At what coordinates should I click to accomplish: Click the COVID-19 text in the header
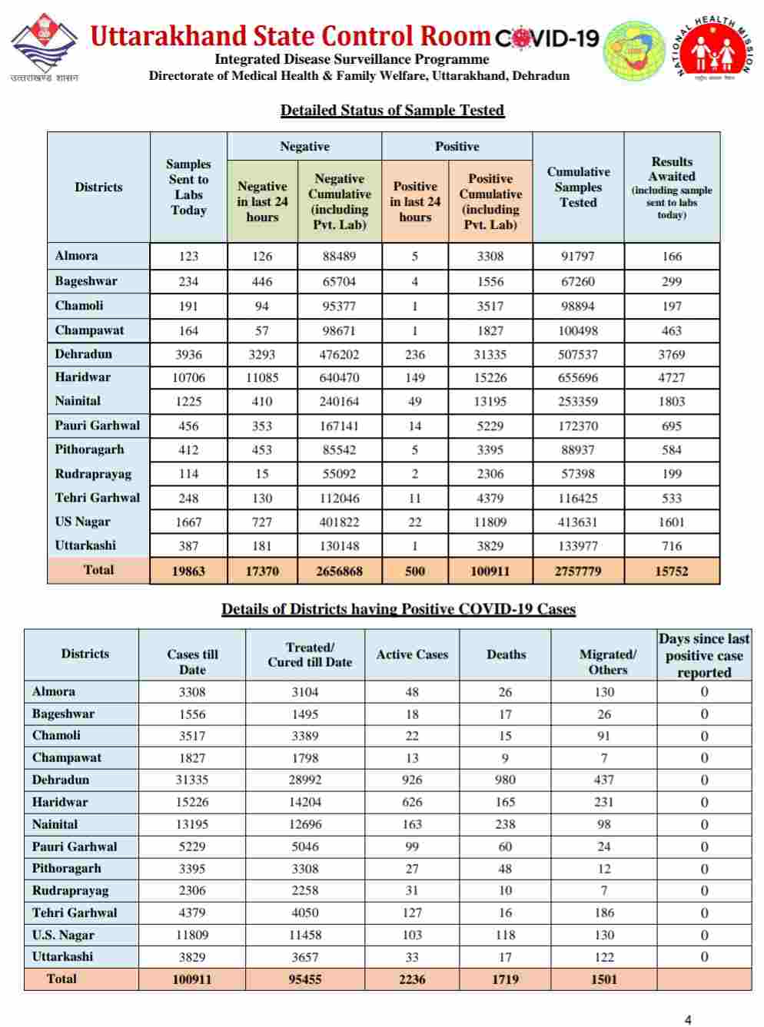[546, 38]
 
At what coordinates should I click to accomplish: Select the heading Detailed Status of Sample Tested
[392, 111]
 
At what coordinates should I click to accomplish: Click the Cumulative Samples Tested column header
[578, 187]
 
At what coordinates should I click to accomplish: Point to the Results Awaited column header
[672, 187]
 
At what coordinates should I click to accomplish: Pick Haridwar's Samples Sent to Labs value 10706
[188, 378]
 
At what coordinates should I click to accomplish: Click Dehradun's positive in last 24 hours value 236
[415, 355]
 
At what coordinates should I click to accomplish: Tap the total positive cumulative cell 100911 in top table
[490, 571]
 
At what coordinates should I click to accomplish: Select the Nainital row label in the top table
[78, 401]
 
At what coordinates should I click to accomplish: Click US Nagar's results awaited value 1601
[672, 522]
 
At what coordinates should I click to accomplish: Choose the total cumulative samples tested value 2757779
[578, 571]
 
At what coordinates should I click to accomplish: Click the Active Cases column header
[412, 654]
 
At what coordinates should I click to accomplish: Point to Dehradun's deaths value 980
[505, 780]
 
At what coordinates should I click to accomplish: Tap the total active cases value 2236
[412, 979]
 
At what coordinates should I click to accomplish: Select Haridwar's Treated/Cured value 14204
[306, 802]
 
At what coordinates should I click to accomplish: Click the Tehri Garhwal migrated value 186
[604, 913]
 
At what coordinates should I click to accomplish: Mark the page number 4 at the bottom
[688, 1019]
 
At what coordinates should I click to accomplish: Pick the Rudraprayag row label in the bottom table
[70, 891]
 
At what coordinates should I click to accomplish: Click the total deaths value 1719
[505, 979]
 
